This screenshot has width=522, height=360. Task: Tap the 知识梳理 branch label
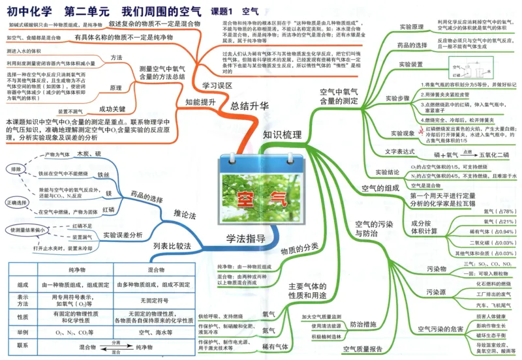282,135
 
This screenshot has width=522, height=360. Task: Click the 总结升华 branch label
250,106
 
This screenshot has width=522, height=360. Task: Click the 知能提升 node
200,102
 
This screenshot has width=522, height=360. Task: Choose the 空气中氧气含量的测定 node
339,96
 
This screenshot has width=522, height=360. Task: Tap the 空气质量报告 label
362,350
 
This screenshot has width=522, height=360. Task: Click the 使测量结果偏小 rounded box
26,230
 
